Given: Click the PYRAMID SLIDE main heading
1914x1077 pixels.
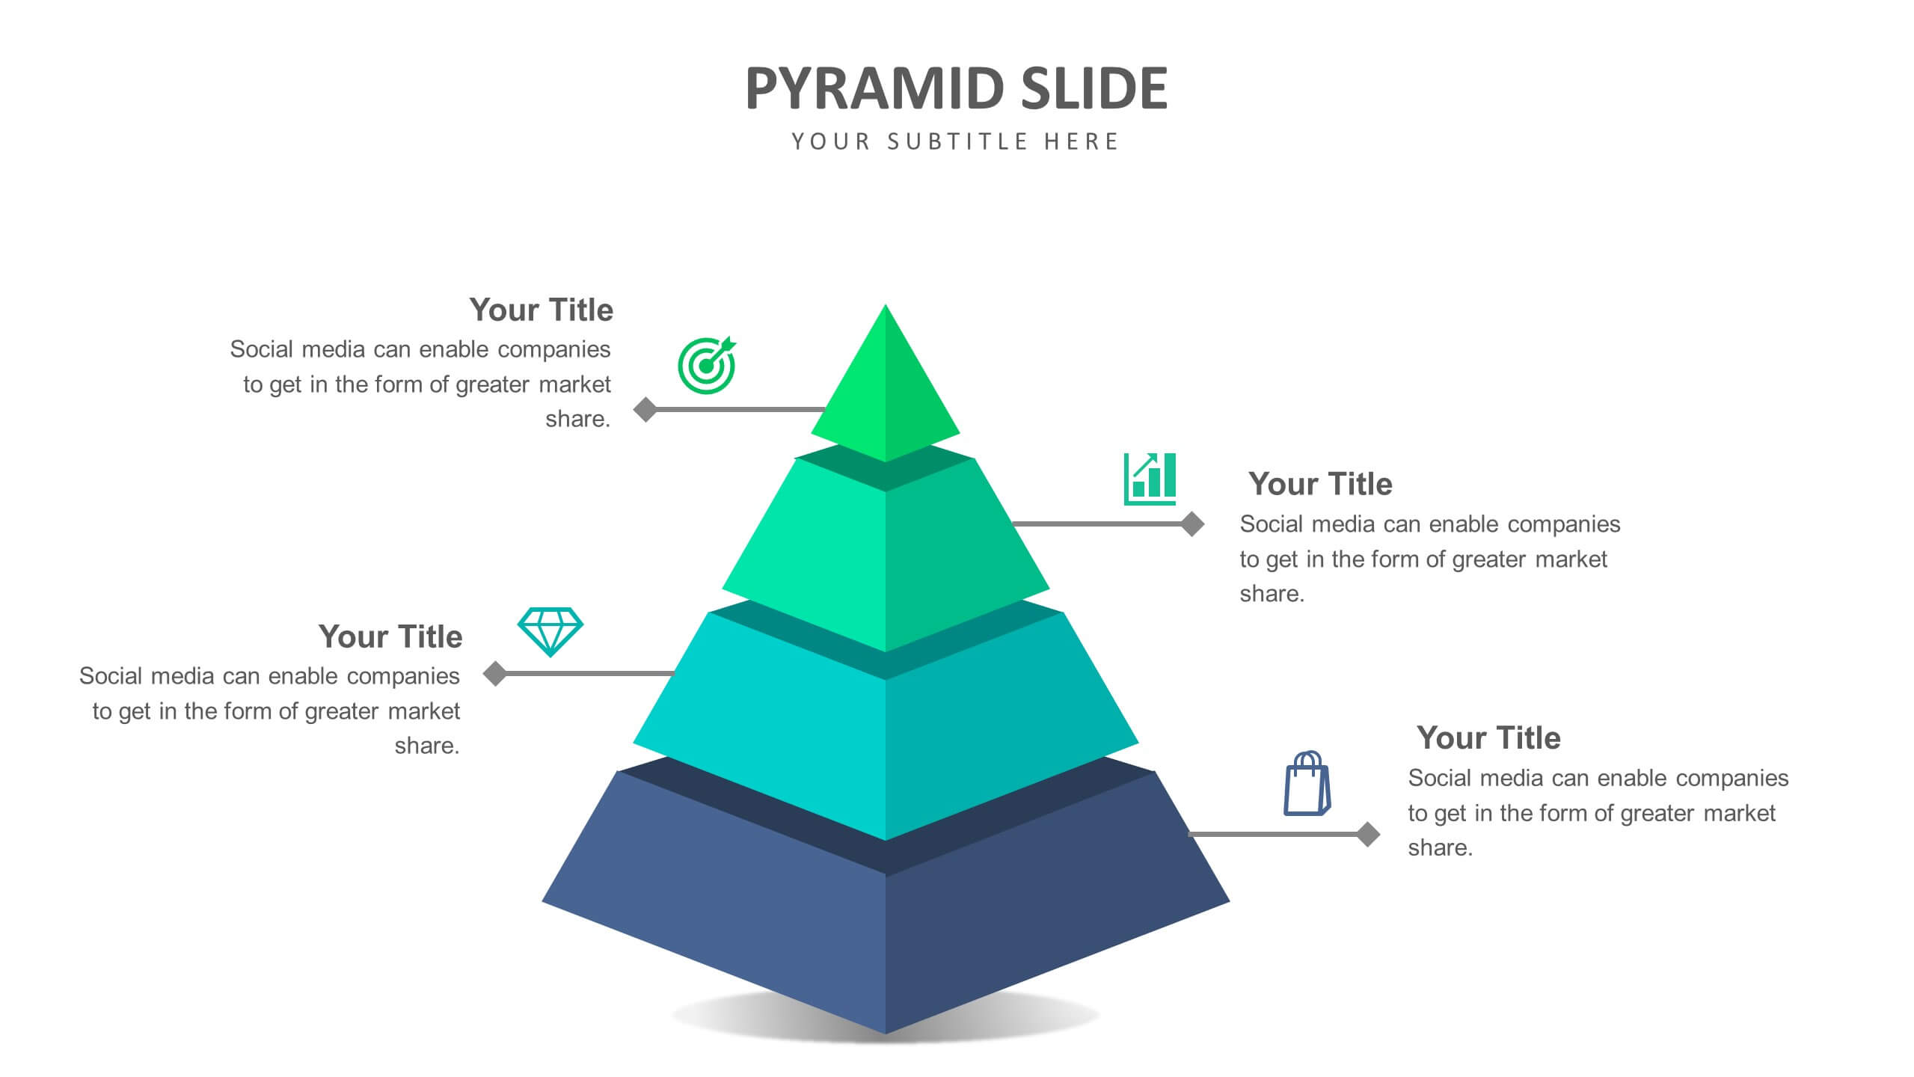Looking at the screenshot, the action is (x=956, y=88).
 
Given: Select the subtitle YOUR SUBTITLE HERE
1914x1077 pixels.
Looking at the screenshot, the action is (x=955, y=141).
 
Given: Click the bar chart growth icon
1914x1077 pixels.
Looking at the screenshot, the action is (x=1150, y=479).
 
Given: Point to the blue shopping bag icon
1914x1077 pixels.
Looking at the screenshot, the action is (x=1307, y=783).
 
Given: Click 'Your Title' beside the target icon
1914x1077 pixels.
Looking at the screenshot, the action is (x=541, y=310).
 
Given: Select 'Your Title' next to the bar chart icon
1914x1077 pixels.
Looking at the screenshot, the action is (x=1320, y=484).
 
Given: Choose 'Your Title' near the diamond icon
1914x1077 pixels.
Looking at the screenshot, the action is (x=390, y=636).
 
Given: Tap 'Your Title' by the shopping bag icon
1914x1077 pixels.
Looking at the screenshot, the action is (x=1488, y=737).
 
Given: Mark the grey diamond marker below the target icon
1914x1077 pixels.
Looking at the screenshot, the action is (x=645, y=409).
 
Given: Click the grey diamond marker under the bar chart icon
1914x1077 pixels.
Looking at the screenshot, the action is (x=1192, y=524).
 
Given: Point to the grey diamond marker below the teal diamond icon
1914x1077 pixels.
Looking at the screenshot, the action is (x=494, y=673).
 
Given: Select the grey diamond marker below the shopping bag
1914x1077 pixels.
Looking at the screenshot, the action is (x=1368, y=834).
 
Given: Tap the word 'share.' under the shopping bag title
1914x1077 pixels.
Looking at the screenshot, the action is (x=1441, y=847).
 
